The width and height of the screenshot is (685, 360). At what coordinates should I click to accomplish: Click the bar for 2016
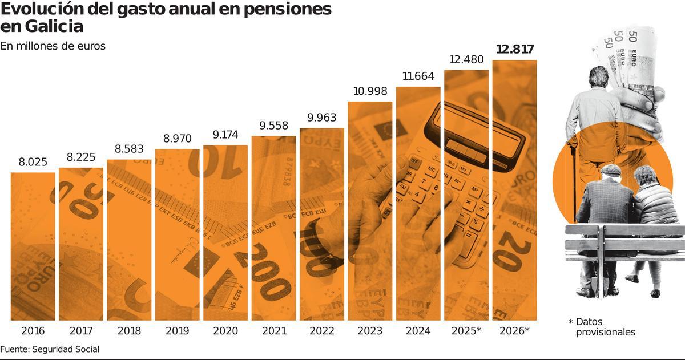coord(33,246)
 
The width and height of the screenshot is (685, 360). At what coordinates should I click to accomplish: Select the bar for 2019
coord(177,234)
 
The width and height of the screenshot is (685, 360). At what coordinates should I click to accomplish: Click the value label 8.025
coord(33,162)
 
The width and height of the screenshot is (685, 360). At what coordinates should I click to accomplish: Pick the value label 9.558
coord(273,126)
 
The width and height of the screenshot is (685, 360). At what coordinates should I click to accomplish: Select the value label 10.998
coord(370,91)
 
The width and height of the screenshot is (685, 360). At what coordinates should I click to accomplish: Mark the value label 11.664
coord(418,76)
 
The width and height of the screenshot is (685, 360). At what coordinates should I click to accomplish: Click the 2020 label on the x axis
coord(225,331)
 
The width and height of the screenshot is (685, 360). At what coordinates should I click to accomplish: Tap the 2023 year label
coord(369,331)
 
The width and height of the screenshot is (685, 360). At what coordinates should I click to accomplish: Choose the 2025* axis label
coord(466,331)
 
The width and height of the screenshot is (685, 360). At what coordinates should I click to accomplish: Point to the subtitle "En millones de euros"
coord(53,47)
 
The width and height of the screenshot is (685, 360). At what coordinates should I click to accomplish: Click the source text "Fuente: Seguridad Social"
coord(50,349)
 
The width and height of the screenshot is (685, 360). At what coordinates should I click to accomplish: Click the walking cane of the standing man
coord(574,177)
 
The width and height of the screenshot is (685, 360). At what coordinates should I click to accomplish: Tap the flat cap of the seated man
coord(610,170)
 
